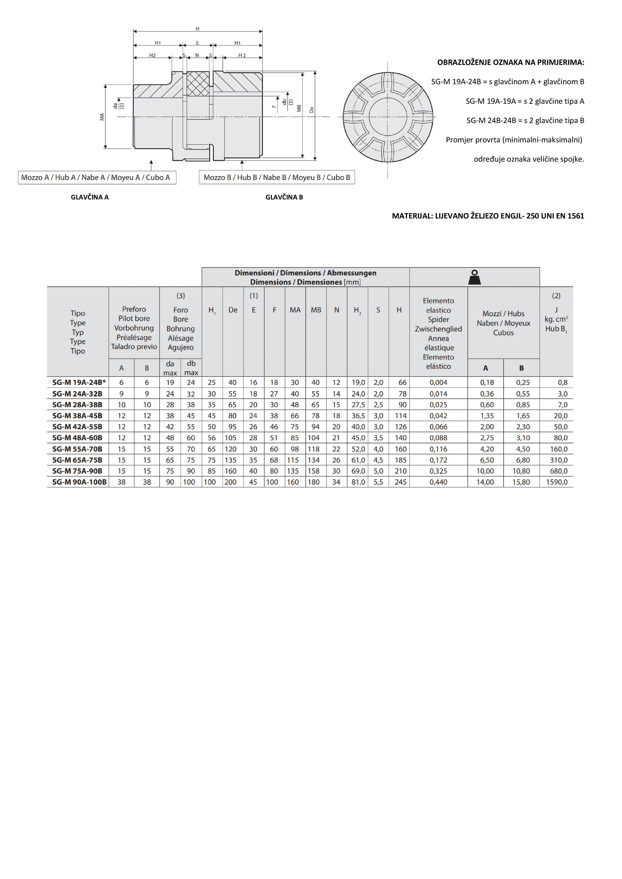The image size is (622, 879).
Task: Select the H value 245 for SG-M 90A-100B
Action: tap(401, 482)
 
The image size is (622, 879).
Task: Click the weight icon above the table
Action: tap(475, 277)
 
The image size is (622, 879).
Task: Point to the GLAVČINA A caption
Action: tap(90, 197)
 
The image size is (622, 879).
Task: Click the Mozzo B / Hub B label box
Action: tap(277, 177)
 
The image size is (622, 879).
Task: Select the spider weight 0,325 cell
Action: tap(438, 471)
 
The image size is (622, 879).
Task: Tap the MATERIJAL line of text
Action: tap(488, 216)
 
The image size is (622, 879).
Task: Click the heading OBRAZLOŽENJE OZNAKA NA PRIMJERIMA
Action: tap(510, 62)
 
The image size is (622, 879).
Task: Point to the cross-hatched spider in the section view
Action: tap(198, 83)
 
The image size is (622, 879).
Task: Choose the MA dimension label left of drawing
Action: tap(102, 117)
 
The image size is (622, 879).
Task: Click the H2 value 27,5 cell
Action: tap(358, 405)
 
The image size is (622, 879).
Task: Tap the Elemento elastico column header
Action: tap(438, 333)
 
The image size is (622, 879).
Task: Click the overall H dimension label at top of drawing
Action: tap(197, 29)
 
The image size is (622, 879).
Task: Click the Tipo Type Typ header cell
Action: tap(78, 332)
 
